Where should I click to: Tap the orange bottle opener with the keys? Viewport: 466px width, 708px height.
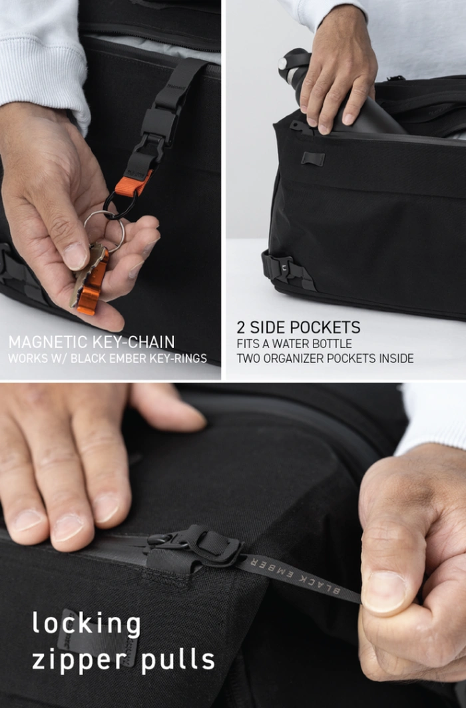coord(92,282)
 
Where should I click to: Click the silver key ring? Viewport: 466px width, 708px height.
coord(105,230)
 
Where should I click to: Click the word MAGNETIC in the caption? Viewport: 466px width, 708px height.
coord(49,342)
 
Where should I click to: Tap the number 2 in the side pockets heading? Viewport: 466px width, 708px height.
coord(241,327)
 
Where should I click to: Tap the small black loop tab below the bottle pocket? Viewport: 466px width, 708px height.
coord(313,159)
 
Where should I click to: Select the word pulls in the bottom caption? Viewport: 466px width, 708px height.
coord(178,659)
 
